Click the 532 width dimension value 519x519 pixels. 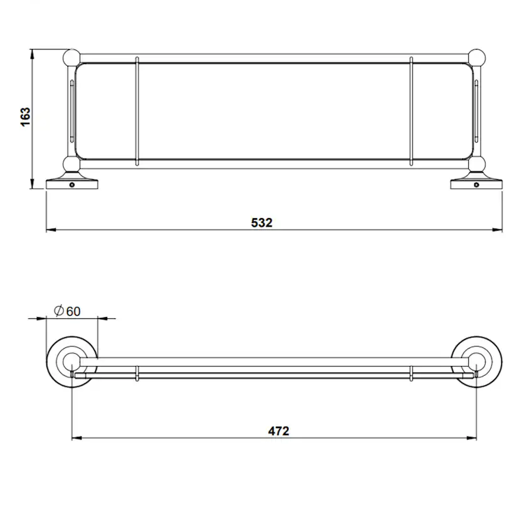point(261,223)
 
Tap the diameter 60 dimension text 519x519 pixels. point(68,311)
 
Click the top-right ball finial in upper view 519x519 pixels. point(478,58)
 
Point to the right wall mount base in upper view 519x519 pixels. point(476,184)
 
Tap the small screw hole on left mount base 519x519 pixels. point(73,186)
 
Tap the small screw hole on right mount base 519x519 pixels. point(476,186)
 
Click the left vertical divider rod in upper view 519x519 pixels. point(137,112)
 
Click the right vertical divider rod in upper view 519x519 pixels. point(411,112)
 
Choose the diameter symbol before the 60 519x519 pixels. point(57,311)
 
